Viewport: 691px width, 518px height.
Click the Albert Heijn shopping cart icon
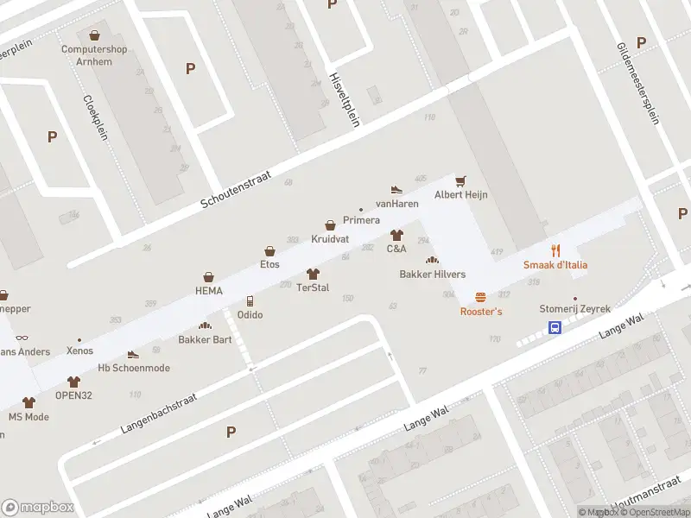[x=461, y=180]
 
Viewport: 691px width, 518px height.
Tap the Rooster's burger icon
[x=480, y=297]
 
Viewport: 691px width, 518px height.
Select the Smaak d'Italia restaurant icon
[x=555, y=250]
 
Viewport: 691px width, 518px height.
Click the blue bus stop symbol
[x=555, y=327]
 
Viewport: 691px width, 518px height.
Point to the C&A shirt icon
[x=396, y=235]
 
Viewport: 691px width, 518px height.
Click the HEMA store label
[x=208, y=291]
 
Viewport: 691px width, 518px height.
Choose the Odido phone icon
[x=250, y=300]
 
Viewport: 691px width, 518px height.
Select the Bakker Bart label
[x=205, y=339]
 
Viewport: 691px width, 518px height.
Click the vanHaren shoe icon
[x=396, y=189]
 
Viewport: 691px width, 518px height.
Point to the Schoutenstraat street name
[x=236, y=189]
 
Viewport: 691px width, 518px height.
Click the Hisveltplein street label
[x=345, y=99]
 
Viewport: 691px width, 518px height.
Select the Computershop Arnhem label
[x=94, y=54]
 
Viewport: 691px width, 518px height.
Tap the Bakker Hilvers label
[x=432, y=275]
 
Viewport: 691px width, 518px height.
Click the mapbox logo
[x=38, y=508]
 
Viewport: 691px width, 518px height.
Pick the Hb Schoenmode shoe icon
[x=133, y=354]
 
